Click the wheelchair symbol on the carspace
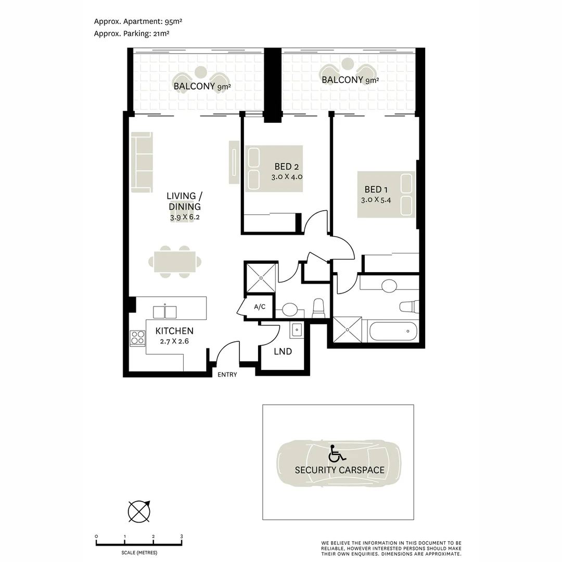337,453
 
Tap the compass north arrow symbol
139,512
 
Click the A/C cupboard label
260,307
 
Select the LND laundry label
283,352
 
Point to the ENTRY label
227,375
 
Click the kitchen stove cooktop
137,338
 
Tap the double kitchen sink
165,312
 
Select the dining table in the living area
175,262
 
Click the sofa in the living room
142,162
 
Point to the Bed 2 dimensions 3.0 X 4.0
287,177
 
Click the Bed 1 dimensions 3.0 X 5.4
376,200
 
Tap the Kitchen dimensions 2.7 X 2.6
174,341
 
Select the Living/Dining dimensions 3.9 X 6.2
185,217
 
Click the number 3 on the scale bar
182,537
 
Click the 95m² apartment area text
173,21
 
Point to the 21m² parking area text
160,34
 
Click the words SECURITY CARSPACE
339,470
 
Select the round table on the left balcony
201,72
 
